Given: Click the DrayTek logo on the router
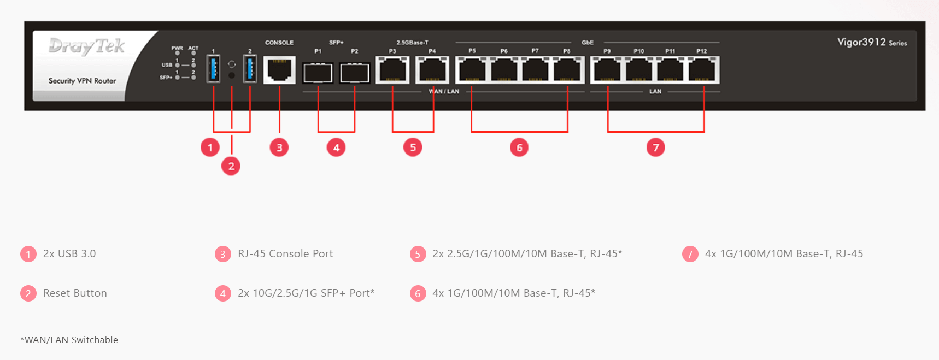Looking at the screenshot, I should (86, 46).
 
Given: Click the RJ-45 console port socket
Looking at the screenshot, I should (279, 70).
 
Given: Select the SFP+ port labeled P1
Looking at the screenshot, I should (318, 72).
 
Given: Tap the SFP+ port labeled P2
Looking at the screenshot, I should (355, 72).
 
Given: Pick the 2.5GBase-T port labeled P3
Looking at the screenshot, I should (392, 70).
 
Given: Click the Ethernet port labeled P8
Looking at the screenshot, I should (568, 70).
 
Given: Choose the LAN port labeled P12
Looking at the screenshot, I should (703, 70).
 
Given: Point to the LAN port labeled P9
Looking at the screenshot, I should (607, 70).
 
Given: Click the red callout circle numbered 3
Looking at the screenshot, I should (279, 147).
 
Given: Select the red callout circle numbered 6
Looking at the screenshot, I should (519, 147).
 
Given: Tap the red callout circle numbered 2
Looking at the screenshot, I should (231, 166).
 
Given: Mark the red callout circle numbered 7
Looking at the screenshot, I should (656, 147).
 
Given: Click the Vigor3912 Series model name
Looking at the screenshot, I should (872, 42).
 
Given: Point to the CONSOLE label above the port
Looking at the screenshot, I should (279, 43).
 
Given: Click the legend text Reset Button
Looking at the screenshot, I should (75, 293).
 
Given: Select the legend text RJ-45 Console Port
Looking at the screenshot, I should (285, 254).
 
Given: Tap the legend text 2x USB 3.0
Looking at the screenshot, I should (69, 254).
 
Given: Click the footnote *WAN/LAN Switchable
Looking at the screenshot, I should (69, 340).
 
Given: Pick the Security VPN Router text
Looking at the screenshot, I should (82, 81).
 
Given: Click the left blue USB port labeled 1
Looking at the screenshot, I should (213, 69).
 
